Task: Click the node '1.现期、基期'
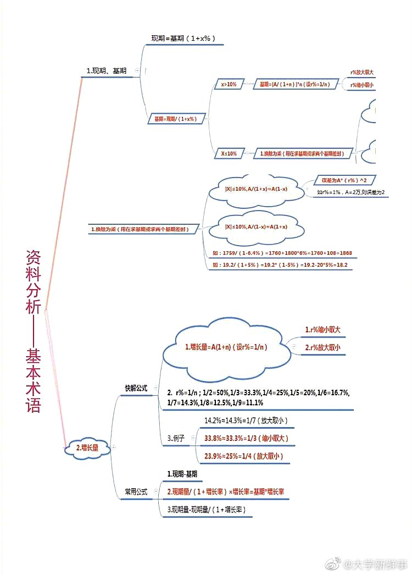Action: coord(107,71)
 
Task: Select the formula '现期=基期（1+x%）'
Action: coord(183,38)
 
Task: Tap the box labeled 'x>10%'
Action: coord(229,85)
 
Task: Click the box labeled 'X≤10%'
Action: coord(229,154)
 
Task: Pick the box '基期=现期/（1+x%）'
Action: coord(176,118)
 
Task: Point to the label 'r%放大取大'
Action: coord(362,73)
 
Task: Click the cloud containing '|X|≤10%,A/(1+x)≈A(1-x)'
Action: coord(257,190)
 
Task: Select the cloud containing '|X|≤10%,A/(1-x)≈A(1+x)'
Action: coord(257,226)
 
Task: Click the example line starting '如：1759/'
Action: coord(282,253)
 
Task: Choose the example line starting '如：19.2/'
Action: coord(280,265)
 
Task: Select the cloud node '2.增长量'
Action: coord(87,447)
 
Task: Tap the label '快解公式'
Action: coord(136,388)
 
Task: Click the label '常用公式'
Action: coord(136,491)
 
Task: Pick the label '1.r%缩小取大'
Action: coord(323,330)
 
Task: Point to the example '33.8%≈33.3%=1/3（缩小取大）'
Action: coord(246,438)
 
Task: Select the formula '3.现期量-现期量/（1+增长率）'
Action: coord(206,510)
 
